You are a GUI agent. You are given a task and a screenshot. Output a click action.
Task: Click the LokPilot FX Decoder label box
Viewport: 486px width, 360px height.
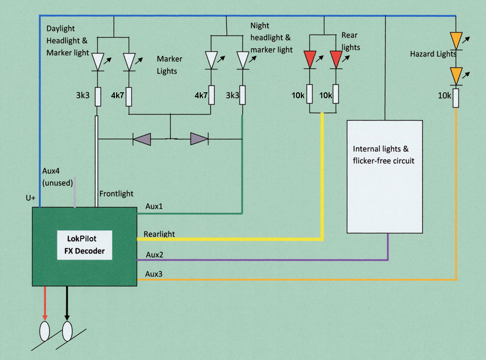tap(85, 245)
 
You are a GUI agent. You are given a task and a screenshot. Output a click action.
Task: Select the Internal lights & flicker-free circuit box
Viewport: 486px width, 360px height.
tap(384, 176)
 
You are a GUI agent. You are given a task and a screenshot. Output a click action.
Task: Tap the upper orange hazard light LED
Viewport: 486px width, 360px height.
tap(456, 40)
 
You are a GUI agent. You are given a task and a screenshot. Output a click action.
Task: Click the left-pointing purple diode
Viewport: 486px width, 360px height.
tap(142, 139)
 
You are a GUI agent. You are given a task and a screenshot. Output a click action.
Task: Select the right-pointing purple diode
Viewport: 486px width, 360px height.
tap(199, 139)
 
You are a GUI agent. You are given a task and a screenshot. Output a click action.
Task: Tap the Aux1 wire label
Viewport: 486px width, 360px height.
tap(154, 206)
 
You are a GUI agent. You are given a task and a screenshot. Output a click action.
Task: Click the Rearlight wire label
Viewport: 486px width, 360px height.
tap(159, 234)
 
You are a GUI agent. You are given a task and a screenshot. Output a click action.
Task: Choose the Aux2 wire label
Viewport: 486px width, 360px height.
tap(154, 254)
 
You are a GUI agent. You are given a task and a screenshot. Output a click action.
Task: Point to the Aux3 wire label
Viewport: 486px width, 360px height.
tap(154, 274)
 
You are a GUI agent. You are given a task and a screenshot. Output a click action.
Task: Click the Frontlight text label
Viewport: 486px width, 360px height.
tap(116, 194)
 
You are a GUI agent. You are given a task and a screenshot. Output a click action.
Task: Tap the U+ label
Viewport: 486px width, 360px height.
tap(31, 199)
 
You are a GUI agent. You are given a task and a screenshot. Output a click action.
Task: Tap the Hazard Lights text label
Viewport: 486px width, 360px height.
tap(432, 54)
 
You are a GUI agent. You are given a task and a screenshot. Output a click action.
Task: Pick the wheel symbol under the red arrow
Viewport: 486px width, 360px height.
tap(44, 331)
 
